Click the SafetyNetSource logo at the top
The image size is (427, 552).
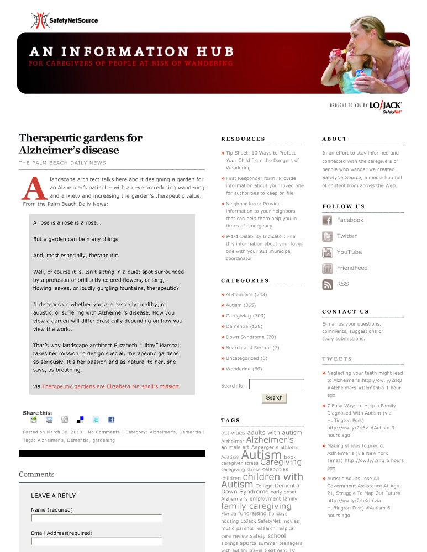64,20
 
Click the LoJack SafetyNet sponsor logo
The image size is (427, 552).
386,107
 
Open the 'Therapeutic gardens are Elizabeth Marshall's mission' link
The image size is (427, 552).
110,386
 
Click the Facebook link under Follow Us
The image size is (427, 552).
350,220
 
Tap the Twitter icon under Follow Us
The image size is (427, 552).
327,237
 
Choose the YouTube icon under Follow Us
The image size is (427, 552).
327,253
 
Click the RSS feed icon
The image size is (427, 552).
327,285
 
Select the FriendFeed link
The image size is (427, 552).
352,268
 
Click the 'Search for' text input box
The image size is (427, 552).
276,384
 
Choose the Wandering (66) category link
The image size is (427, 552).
244,369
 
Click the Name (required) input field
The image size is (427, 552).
97,518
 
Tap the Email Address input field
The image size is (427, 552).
97,542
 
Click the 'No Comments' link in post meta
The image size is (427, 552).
104,432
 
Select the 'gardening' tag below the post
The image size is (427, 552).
104,440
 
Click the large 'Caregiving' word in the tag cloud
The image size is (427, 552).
281,462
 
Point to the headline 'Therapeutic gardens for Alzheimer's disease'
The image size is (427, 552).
81,144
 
